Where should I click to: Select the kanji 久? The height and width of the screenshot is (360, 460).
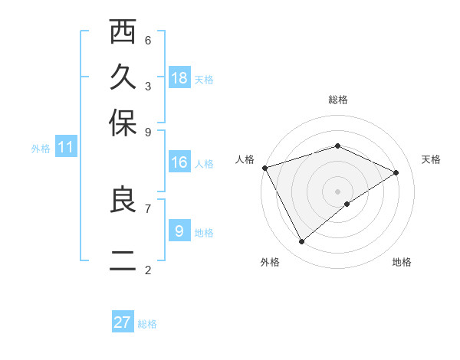[123, 78]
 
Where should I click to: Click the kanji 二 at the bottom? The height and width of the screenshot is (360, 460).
[123, 263]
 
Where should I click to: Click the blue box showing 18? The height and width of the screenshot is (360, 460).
[179, 77]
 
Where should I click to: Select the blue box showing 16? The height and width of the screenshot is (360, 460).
[179, 162]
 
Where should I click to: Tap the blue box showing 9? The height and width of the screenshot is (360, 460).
[179, 230]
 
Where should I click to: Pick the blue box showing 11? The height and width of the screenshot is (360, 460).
[65, 147]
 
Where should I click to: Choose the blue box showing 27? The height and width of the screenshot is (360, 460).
[123, 322]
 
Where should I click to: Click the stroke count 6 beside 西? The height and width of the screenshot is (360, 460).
[148, 40]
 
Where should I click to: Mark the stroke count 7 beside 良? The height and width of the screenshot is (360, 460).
[148, 208]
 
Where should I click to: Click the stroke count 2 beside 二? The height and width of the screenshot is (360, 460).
[148, 270]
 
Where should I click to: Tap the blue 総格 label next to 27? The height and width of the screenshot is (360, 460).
[147, 324]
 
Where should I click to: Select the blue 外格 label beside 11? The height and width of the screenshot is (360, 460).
[41, 149]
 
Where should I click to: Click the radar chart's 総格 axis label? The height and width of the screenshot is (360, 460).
[337, 100]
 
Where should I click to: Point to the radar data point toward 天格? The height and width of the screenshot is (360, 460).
[396, 172]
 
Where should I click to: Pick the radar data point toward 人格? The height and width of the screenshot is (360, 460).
[264, 168]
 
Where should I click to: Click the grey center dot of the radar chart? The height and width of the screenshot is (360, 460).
[337, 191]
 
